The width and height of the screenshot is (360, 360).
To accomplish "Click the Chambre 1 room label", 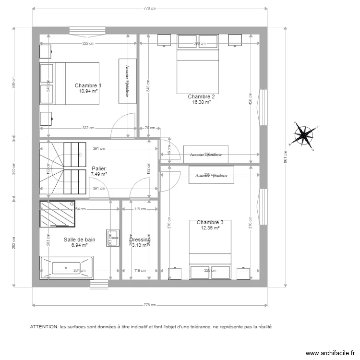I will click(x=88, y=85).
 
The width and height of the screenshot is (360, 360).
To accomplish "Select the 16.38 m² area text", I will click(x=201, y=102).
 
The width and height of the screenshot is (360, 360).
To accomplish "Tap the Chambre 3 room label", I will click(x=210, y=222).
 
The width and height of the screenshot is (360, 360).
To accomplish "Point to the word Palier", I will click(x=98, y=169).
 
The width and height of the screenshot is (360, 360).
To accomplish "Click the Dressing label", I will click(x=140, y=240).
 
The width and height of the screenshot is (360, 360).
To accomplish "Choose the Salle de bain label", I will click(x=79, y=240).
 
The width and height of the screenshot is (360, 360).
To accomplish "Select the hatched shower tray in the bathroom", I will click(x=57, y=214).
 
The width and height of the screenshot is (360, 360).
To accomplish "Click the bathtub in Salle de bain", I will click(x=66, y=267).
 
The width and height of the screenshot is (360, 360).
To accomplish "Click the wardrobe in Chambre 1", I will click(x=127, y=80).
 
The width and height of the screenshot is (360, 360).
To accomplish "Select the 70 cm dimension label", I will click(x=149, y=128).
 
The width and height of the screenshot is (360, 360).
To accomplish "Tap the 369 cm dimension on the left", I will click(x=14, y=83).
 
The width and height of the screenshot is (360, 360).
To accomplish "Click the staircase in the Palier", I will click(x=62, y=169).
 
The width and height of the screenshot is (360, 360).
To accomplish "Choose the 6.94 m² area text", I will click(x=79, y=245).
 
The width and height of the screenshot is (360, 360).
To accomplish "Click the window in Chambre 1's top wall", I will click(x=84, y=29).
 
